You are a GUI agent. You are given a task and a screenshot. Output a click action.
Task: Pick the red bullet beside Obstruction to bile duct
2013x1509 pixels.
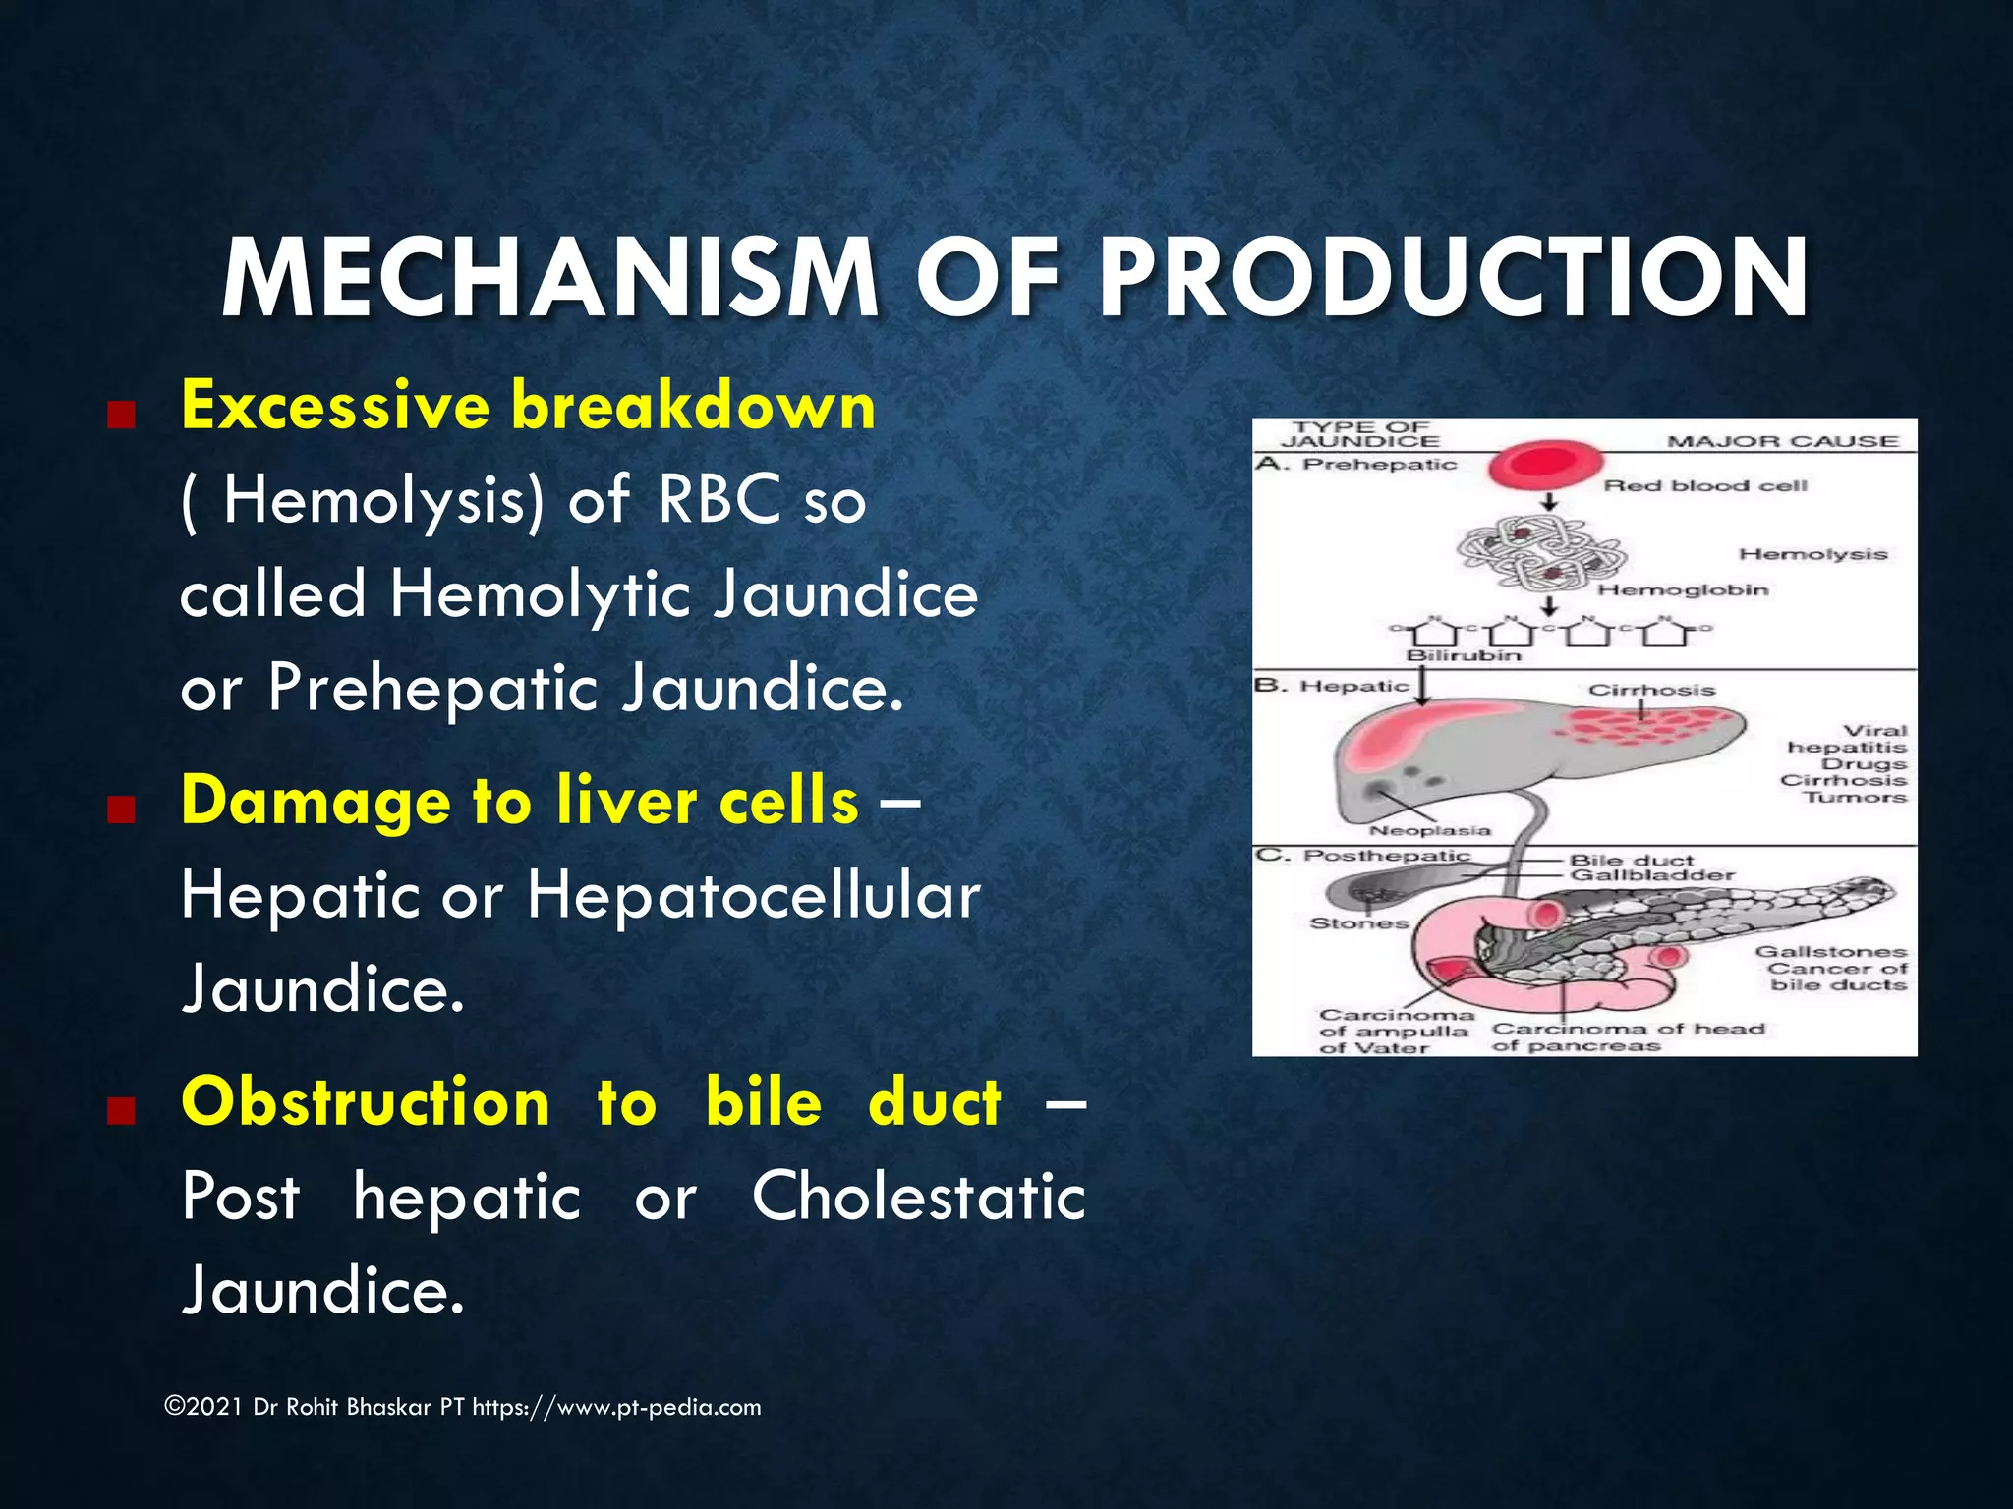click(x=120, y=1110)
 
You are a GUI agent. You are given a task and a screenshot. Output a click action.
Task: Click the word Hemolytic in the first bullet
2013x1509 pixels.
click(x=540, y=594)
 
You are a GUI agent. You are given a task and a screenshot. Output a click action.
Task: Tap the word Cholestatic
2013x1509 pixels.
click(x=918, y=1196)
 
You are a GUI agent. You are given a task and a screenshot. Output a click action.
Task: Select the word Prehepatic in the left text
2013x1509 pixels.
click(x=432, y=687)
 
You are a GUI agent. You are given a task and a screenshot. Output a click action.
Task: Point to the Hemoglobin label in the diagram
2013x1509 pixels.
click(x=1682, y=589)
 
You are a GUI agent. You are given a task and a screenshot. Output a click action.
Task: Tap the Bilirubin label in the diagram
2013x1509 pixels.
click(x=1464, y=655)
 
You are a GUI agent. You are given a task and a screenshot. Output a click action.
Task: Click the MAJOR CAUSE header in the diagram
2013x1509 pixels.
click(x=1782, y=442)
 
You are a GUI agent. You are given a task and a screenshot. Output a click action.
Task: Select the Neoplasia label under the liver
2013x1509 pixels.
click(x=1430, y=830)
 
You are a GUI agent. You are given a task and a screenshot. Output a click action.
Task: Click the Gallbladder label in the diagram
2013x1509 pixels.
click(x=1651, y=875)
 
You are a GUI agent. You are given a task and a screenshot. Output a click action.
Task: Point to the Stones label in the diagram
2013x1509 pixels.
click(x=1358, y=922)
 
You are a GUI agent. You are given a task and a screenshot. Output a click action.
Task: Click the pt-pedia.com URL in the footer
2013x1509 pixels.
click(x=616, y=1407)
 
